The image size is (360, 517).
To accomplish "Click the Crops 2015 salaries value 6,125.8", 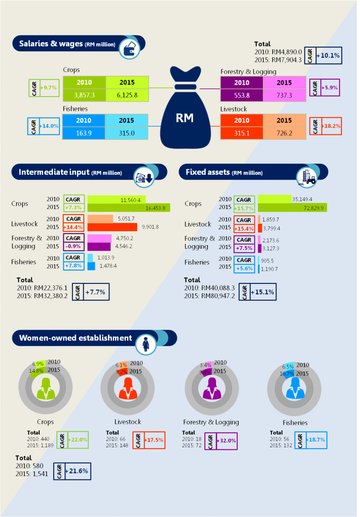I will (127, 95).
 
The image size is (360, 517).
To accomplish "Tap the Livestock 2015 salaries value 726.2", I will (284, 133).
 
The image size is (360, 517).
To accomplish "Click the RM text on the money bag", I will (185, 118).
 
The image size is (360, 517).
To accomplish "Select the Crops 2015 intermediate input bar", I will (129, 208).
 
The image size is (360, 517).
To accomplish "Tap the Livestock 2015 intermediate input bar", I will (112, 227).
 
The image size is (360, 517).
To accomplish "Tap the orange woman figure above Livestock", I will (127, 388).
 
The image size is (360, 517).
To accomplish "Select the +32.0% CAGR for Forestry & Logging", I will (226, 441).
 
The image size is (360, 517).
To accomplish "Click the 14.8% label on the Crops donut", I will (36, 371).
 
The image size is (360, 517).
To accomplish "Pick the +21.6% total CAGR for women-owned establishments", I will (78, 471).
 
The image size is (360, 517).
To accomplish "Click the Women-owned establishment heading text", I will (75, 338).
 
